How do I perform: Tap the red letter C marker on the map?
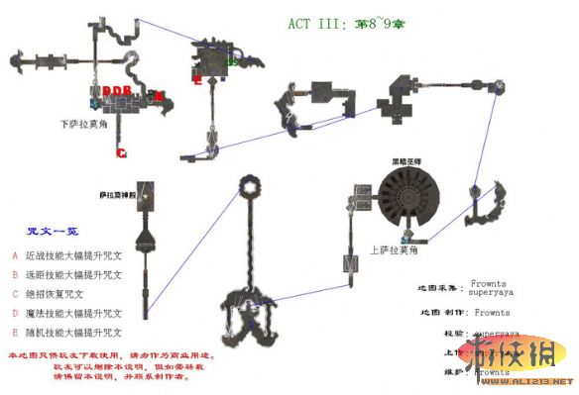pyautogui.click(x=122, y=153)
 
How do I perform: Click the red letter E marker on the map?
pyautogui.click(x=198, y=81)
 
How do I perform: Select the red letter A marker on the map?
pyautogui.click(x=160, y=95)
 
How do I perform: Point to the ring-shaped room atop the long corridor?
pyautogui.click(x=251, y=183)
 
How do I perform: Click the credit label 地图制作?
pyautogui.click(x=436, y=312)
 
